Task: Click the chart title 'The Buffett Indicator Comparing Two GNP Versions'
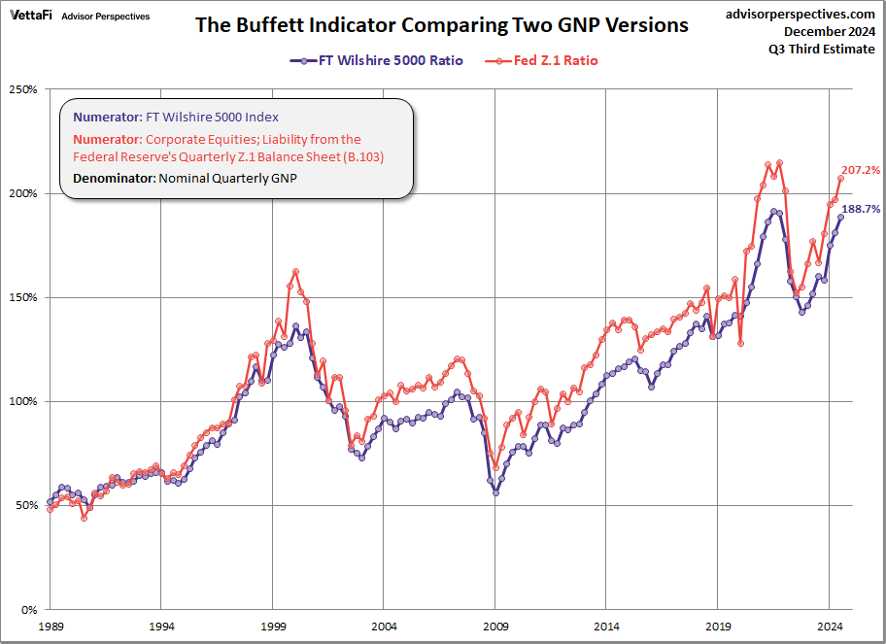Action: pyautogui.click(x=442, y=25)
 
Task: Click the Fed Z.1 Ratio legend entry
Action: pyautogui.click(x=544, y=60)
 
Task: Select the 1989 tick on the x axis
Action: pyautogui.click(x=50, y=627)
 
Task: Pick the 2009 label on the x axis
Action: pyautogui.click(x=495, y=627)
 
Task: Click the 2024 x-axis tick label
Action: pyautogui.click(x=830, y=627)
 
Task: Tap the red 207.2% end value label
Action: pyautogui.click(x=861, y=170)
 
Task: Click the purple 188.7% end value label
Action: pyautogui.click(x=861, y=209)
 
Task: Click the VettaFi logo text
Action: pyautogui.click(x=31, y=17)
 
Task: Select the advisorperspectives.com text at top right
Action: pyautogui.click(x=801, y=14)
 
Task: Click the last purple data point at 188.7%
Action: pyautogui.click(x=840, y=218)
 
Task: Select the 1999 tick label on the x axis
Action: pyautogui.click(x=273, y=627)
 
